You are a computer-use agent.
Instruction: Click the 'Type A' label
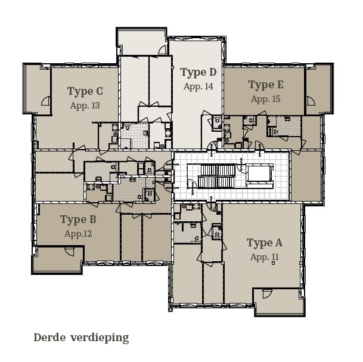coord(264,243)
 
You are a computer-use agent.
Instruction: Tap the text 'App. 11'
coord(264,257)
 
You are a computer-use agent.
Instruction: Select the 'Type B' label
coord(78,220)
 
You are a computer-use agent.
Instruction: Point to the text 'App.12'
coord(78,234)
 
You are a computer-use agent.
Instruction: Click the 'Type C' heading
coord(85,91)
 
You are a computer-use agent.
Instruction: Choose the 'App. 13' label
coord(85,106)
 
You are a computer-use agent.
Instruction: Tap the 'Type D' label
coord(198,73)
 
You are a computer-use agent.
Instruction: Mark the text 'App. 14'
coord(198,87)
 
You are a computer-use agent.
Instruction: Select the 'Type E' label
coord(266,85)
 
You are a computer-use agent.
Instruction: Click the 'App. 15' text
coord(266,99)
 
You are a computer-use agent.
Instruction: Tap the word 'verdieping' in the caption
coord(100,338)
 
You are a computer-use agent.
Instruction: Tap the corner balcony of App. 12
coord(57,260)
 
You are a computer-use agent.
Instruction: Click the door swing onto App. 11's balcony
coord(266,294)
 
